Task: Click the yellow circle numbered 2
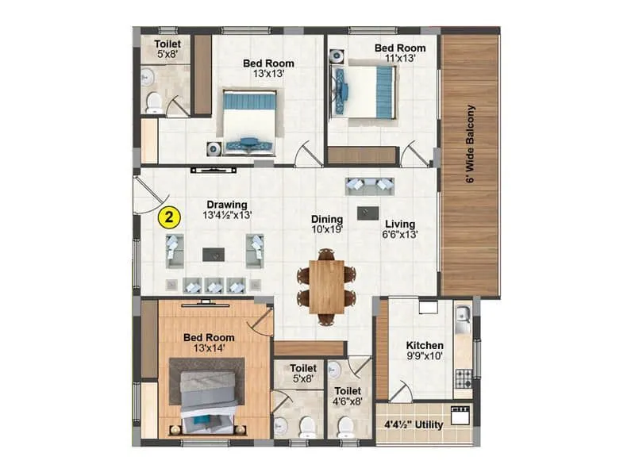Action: point(168,215)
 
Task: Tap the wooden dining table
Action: point(326,284)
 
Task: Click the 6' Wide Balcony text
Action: point(470,144)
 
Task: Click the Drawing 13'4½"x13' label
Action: point(228,209)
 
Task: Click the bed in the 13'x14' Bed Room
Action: point(206,397)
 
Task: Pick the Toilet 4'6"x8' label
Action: point(348,397)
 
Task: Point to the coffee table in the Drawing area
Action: point(212,255)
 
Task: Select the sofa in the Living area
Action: point(370,186)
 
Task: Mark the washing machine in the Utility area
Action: point(460,415)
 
